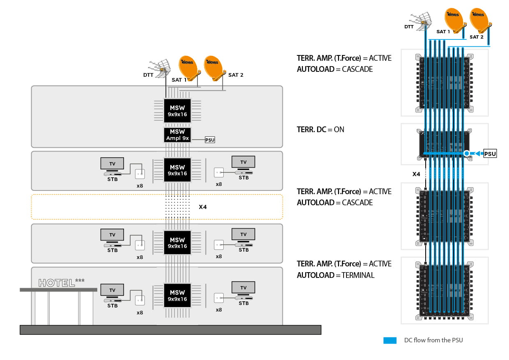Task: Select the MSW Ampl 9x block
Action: click(x=177, y=135)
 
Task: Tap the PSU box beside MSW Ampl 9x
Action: click(x=209, y=140)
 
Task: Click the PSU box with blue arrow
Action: click(x=490, y=154)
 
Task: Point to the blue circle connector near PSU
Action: click(x=467, y=154)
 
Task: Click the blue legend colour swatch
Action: click(x=390, y=340)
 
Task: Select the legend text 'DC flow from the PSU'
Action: click(x=433, y=340)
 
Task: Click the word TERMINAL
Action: click(x=358, y=275)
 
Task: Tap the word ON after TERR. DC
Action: click(x=339, y=129)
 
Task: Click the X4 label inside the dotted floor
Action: click(x=203, y=207)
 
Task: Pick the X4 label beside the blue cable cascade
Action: click(x=416, y=174)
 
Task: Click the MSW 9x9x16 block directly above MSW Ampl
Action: click(x=177, y=111)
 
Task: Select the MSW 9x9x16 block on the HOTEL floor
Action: click(x=177, y=296)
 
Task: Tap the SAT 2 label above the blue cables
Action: click(x=476, y=37)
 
